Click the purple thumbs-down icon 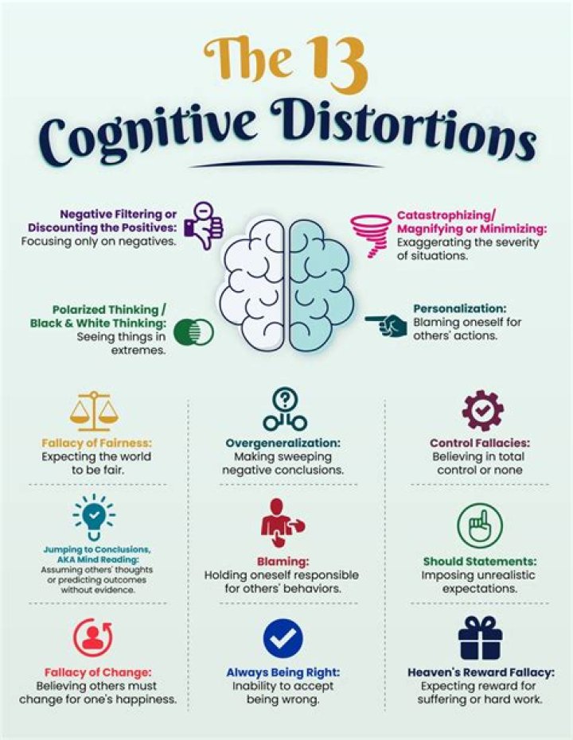[203, 226]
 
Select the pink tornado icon [372, 235]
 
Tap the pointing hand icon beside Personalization [386, 324]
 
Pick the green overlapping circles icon [193, 331]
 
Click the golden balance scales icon [95, 411]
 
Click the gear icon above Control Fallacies [482, 411]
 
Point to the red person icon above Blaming [282, 523]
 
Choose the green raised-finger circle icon [480, 525]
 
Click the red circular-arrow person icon [93, 637]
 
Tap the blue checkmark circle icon [283, 638]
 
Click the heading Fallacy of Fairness [96, 444]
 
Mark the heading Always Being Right [283, 672]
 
